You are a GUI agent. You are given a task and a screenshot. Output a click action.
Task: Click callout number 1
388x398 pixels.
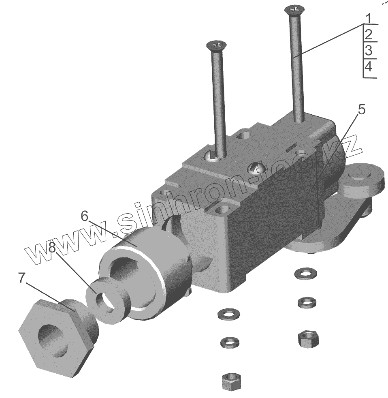(369, 18)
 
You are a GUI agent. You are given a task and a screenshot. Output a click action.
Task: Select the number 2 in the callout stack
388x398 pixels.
(369, 35)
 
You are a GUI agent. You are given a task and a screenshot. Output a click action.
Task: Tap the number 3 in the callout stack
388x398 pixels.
(369, 50)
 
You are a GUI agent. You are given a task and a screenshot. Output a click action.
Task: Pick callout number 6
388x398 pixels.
(84, 216)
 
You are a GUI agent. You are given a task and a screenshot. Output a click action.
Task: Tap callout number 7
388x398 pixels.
(22, 278)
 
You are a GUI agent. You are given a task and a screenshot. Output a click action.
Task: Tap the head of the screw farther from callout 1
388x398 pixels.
(216, 45)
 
